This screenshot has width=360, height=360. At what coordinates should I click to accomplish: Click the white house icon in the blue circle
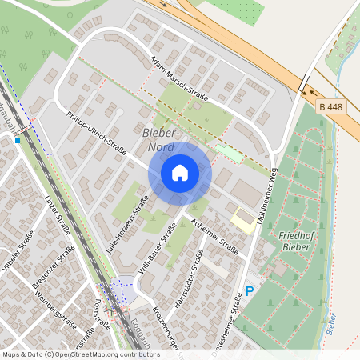pos(180,172)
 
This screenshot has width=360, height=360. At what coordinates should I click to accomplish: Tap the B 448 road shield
pos(333,106)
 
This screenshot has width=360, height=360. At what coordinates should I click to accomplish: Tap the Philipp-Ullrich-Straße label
pos(98,136)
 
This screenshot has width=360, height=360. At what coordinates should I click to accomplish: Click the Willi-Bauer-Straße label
pos(157,249)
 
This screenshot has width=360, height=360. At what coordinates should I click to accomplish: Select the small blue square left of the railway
pos(17,141)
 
